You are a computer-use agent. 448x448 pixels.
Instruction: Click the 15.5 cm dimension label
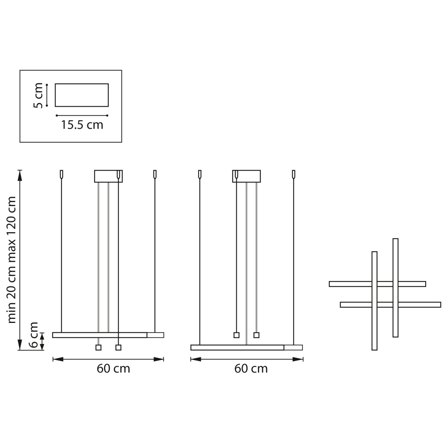[x=82, y=125]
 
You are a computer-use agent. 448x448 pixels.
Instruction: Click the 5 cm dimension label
[x=38, y=95]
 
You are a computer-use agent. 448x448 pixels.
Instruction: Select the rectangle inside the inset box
[x=82, y=95]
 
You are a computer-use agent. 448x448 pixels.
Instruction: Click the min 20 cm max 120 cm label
[x=12, y=260]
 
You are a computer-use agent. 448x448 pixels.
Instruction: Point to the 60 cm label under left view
[x=113, y=368]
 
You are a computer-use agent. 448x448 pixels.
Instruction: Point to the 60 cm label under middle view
[x=251, y=368]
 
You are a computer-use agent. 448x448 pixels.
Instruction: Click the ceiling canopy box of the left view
[x=108, y=176]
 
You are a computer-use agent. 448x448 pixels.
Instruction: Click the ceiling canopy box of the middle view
[x=246, y=176]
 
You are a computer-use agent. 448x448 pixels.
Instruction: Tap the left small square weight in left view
[x=98, y=348]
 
